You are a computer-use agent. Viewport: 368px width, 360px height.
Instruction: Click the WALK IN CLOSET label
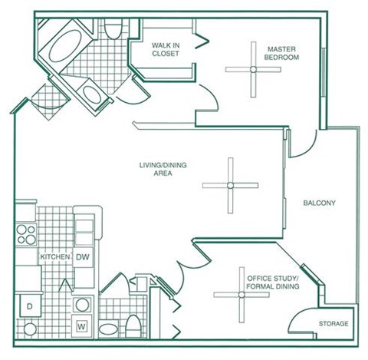[166, 50]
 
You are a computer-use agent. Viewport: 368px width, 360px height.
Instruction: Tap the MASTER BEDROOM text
[283, 52]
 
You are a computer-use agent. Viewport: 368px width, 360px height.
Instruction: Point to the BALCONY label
[319, 203]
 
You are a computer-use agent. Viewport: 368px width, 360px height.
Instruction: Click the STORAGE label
[333, 324]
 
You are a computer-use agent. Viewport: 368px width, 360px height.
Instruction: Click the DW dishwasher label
[83, 257]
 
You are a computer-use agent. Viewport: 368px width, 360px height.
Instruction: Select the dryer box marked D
[31, 306]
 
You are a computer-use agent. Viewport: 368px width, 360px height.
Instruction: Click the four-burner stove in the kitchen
[26, 233]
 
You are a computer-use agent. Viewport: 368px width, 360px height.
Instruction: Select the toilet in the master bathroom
[113, 28]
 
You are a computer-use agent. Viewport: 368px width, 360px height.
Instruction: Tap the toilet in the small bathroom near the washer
[133, 327]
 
